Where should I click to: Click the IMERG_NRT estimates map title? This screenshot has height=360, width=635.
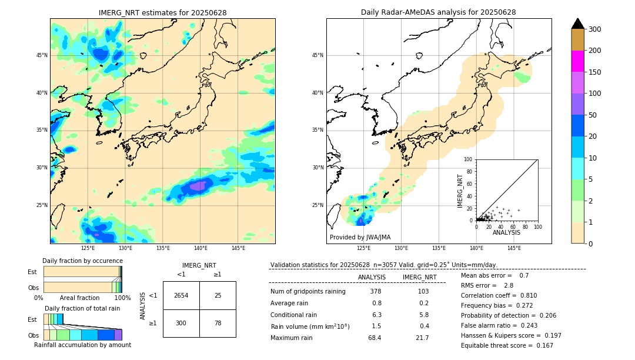click(x=162, y=12)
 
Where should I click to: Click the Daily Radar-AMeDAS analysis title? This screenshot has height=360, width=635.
click(x=438, y=12)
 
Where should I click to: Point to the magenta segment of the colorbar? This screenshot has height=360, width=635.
click(x=577, y=61)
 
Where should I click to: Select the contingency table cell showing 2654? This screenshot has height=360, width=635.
click(x=181, y=295)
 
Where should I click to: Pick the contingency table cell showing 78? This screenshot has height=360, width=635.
click(x=218, y=323)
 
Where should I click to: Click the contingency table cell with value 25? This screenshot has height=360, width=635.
click(x=218, y=295)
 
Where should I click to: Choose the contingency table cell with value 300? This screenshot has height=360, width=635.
click(x=181, y=323)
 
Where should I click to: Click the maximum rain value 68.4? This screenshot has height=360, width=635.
click(x=375, y=338)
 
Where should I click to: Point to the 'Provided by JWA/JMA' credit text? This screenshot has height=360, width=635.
click(x=360, y=238)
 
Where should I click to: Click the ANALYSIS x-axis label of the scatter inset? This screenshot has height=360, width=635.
click(x=506, y=232)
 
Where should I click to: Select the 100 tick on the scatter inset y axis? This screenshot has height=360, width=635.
click(x=468, y=159)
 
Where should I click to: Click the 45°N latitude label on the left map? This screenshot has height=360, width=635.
click(x=42, y=55)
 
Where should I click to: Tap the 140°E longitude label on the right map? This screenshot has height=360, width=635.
click(x=476, y=248)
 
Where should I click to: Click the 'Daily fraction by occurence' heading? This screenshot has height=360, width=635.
click(x=82, y=261)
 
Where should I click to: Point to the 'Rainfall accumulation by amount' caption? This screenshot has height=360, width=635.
click(x=82, y=345)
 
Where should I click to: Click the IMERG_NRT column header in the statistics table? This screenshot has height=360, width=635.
click(x=419, y=277)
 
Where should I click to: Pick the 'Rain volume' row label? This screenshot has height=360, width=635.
click(x=310, y=326)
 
